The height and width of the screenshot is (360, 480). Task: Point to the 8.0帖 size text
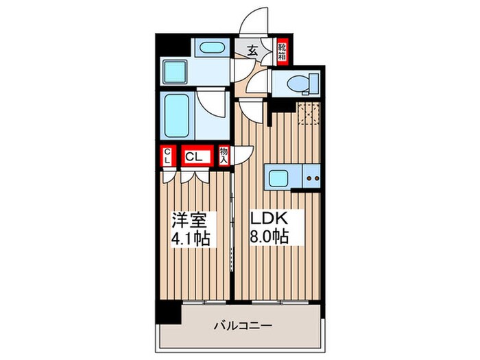[x=268, y=238]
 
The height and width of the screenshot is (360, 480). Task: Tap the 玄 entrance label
[x=252, y=49]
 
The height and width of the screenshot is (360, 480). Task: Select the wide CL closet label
[x=194, y=157]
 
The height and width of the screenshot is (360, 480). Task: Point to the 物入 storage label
[x=224, y=156]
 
